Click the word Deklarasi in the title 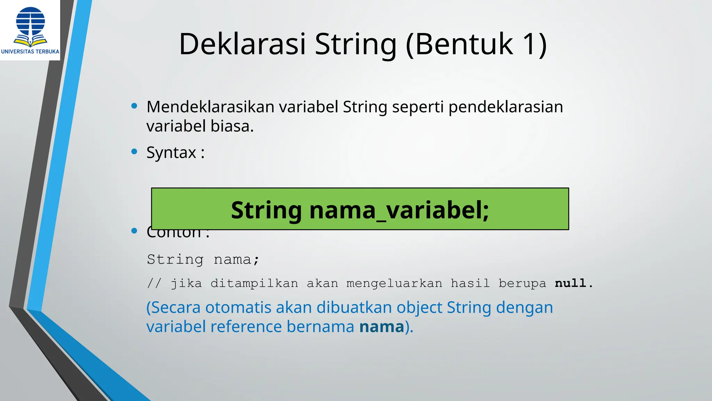[x=242, y=44]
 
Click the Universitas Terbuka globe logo [x=31, y=26]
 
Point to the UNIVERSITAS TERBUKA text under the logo [x=30, y=52]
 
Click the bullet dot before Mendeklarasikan [x=134, y=106]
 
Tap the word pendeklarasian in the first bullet [x=505, y=107]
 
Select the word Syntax [x=171, y=153]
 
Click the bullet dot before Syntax [x=134, y=151]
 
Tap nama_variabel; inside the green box [x=399, y=210]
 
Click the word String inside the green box [x=266, y=210]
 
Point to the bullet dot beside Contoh [x=134, y=231]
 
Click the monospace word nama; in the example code [x=236, y=260]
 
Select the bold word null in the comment [x=570, y=283]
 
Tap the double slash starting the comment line [x=154, y=283]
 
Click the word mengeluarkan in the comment [x=394, y=283]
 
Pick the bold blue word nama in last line [x=382, y=327]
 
